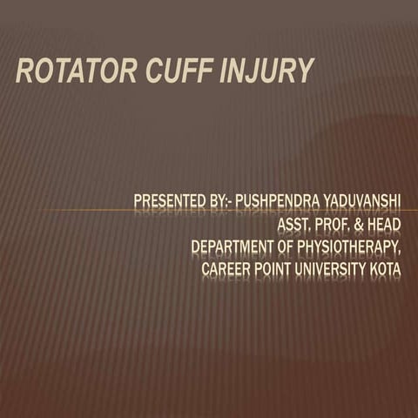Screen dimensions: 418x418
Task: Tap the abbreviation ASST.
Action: [293, 226]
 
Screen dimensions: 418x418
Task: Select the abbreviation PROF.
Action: [334, 226]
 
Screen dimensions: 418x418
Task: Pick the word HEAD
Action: [386, 226]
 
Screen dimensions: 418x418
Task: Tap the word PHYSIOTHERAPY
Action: [348, 248]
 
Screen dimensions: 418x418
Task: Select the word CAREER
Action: [226, 270]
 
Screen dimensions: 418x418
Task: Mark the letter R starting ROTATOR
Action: [24, 72]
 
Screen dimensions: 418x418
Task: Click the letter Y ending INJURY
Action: [305, 72]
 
